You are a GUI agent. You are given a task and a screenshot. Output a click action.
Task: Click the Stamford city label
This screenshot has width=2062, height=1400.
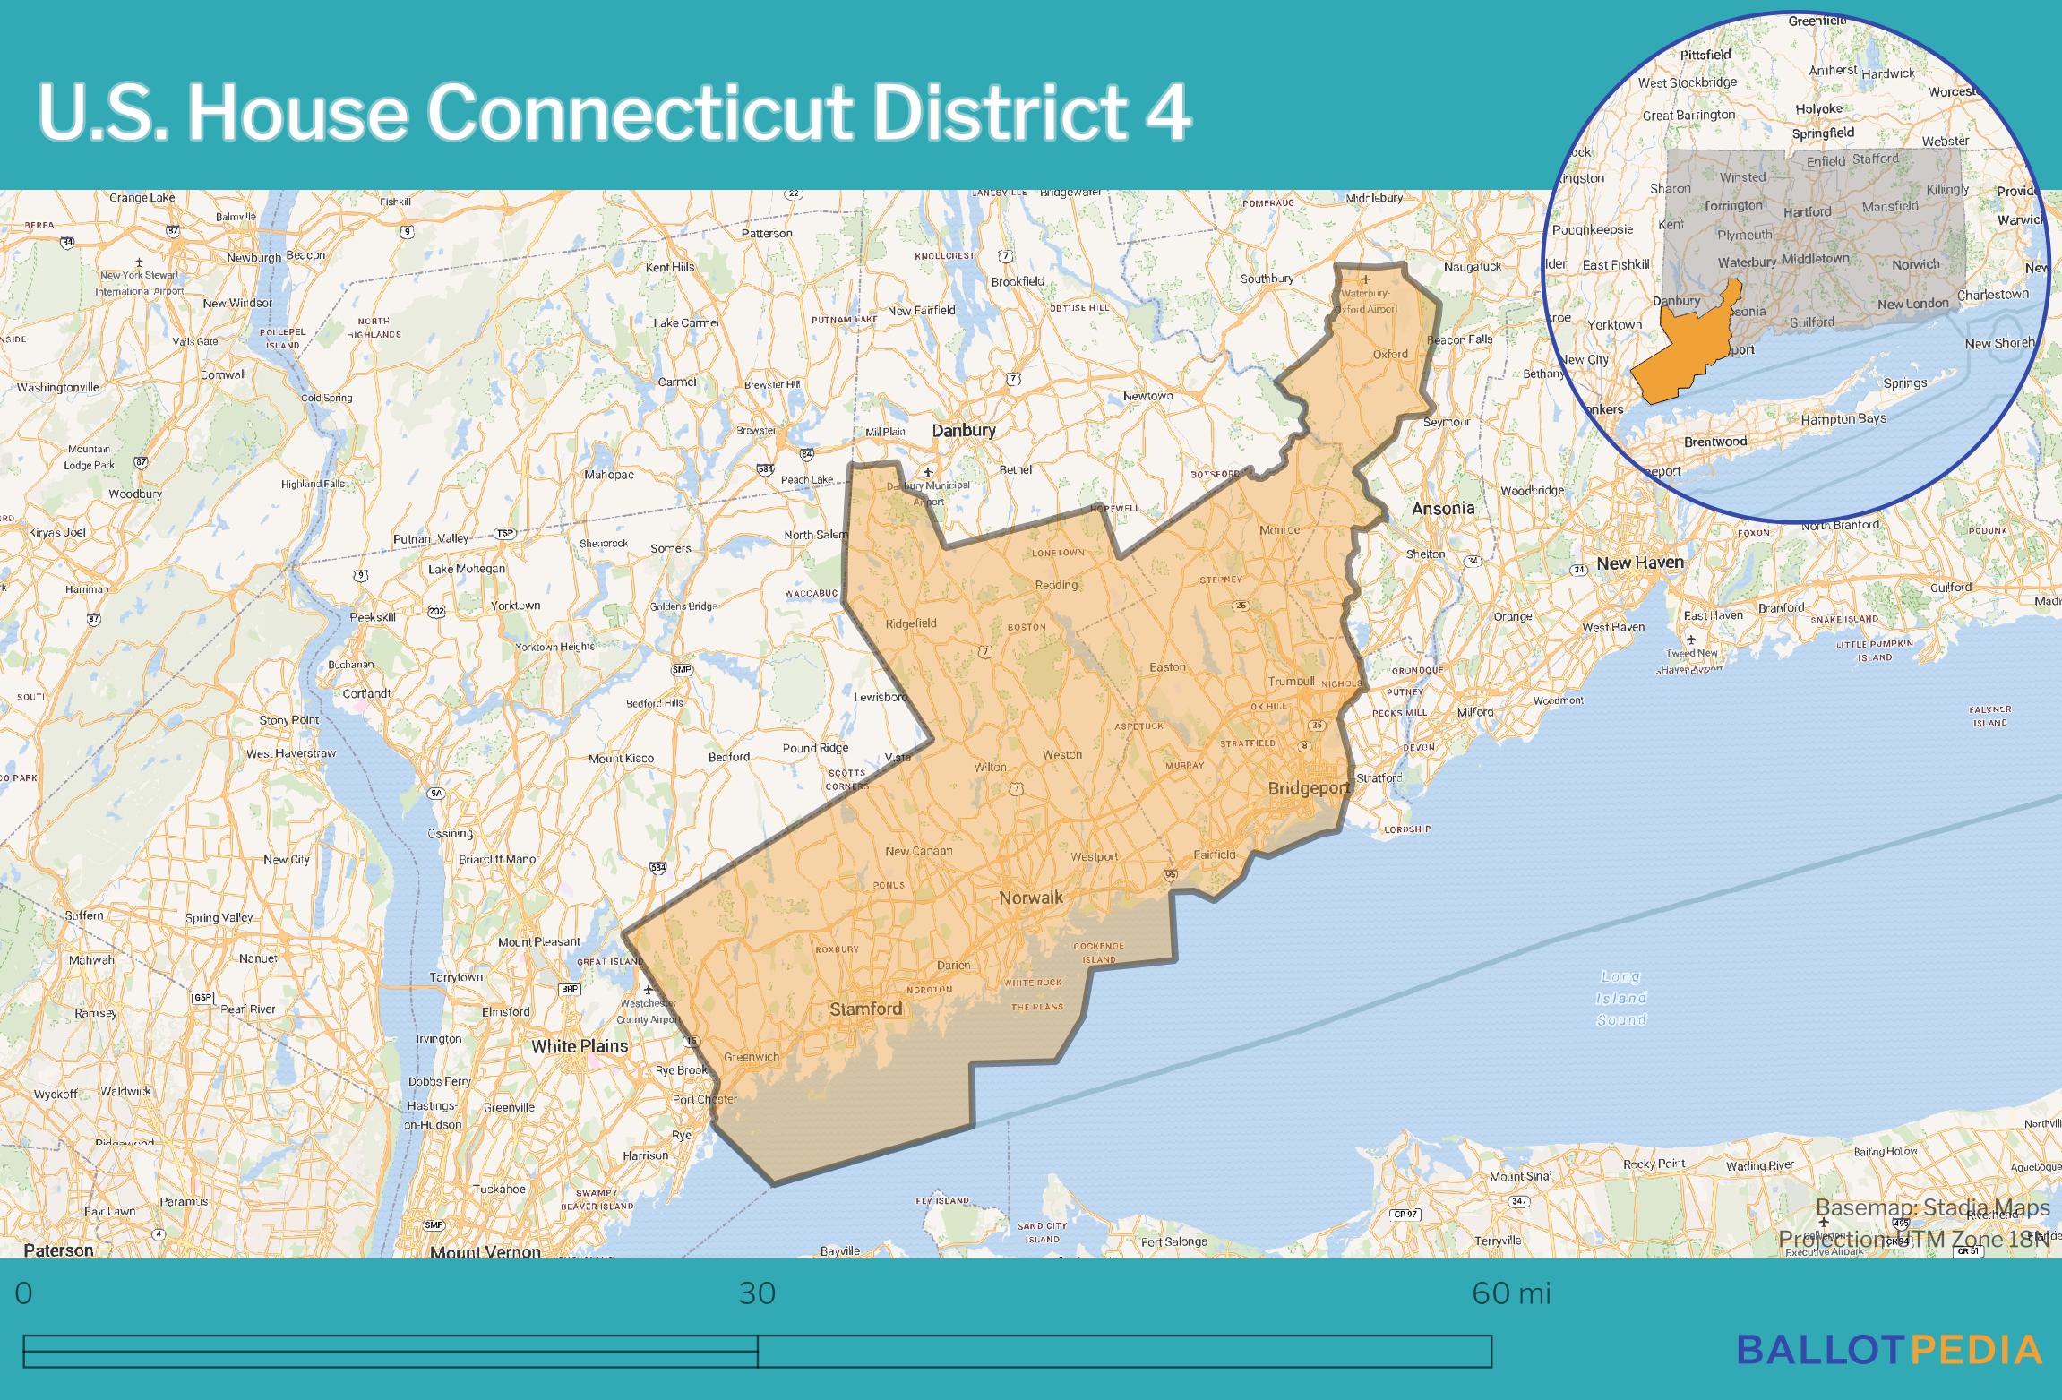coord(865,1009)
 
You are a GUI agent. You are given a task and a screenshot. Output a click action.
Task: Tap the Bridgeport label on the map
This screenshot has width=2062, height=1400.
coord(1309,788)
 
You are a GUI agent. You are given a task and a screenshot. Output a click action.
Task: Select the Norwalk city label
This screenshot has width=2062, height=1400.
coord(1031,898)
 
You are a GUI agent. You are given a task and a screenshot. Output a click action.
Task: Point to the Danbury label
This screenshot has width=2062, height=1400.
coord(963,430)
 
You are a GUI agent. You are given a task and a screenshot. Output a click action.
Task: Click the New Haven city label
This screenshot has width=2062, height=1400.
coord(1639,563)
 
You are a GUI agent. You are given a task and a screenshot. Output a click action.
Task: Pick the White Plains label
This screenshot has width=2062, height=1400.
coord(580,1045)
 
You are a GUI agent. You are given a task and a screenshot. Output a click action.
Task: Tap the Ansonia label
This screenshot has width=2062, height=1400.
coord(1442,508)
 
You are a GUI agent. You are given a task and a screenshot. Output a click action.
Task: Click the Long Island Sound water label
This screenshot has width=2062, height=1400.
coord(1621,998)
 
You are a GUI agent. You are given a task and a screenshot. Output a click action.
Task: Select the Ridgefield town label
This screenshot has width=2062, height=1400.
coord(910,623)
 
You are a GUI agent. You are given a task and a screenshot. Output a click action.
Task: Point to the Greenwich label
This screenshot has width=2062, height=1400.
coord(752,1056)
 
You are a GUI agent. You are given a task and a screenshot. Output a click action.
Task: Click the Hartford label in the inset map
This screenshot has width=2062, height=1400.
coord(1807,212)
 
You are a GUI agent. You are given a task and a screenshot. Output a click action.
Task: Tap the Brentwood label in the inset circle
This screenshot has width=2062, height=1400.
coord(1714,442)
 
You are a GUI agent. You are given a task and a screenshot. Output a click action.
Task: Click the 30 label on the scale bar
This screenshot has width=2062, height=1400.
coord(757,1293)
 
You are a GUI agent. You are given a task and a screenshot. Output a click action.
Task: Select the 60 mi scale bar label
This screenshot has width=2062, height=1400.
coord(1510,1293)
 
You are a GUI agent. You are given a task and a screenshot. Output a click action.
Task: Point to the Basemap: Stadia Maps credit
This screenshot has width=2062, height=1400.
coord(1932,1207)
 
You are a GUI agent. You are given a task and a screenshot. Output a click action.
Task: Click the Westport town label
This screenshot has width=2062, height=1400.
coord(1094,856)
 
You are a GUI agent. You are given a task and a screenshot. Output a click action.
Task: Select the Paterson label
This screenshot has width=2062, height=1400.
coord(58,1250)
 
